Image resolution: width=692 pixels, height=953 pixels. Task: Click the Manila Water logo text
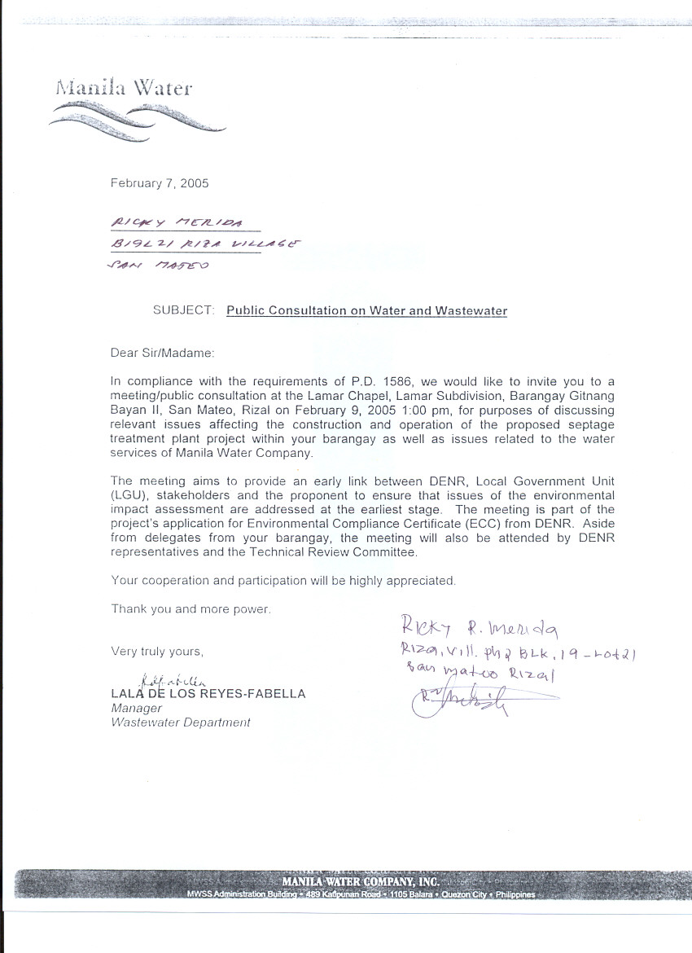click(124, 88)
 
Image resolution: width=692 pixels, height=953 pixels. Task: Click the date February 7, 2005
click(160, 183)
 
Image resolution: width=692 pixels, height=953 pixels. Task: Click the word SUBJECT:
click(183, 310)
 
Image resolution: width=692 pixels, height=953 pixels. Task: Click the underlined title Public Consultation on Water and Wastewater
click(366, 310)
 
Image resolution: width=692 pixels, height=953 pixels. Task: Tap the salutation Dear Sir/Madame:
click(163, 353)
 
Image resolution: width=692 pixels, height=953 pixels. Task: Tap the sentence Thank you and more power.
click(191, 608)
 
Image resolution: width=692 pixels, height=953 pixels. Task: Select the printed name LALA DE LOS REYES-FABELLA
click(208, 694)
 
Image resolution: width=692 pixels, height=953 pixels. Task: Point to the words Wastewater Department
click(181, 722)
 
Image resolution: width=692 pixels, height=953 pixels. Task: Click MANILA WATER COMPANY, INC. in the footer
click(361, 882)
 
